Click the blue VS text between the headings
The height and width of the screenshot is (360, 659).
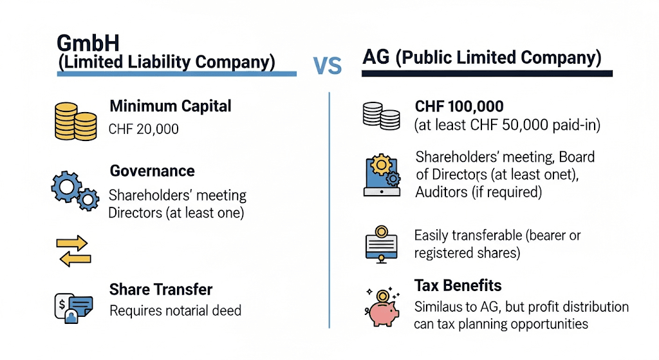(x=328, y=66)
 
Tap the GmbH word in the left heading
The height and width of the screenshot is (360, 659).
(x=88, y=43)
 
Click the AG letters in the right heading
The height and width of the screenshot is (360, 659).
(x=376, y=57)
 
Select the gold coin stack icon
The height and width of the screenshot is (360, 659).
(x=76, y=121)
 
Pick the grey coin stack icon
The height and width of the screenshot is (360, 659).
(x=381, y=116)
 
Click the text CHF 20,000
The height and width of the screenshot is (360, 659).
(x=144, y=129)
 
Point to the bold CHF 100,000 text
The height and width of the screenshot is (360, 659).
(x=459, y=106)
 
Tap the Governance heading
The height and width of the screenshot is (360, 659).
(x=152, y=171)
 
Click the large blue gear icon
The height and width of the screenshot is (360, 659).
(x=66, y=187)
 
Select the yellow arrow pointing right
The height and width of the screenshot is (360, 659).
(x=72, y=243)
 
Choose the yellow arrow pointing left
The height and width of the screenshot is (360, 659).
(x=75, y=260)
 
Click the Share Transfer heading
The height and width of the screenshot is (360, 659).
(x=160, y=289)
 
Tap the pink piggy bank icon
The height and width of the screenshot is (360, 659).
(x=382, y=308)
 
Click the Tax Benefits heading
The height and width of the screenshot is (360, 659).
(x=458, y=285)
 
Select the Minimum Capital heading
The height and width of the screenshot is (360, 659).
(x=170, y=106)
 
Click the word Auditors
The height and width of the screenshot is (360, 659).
(x=441, y=192)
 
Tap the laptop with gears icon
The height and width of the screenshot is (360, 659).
(x=382, y=175)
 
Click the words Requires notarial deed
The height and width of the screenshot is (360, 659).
(x=175, y=311)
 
